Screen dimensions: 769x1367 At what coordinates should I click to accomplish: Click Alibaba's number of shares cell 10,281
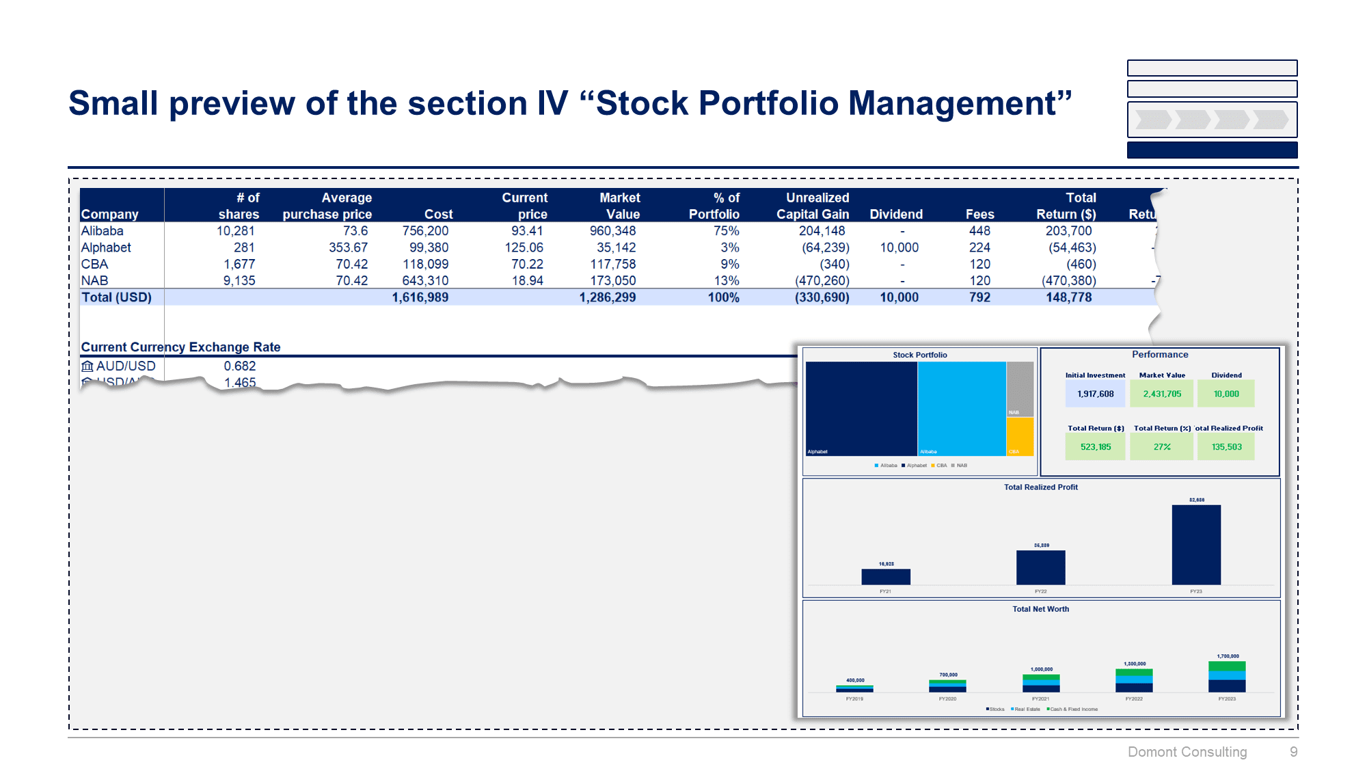click(x=235, y=231)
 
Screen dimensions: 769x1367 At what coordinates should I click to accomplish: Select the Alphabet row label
click(x=106, y=247)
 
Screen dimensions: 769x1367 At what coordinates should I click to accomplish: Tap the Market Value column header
click(x=619, y=206)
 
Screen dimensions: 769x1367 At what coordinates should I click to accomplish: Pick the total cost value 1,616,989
click(x=420, y=297)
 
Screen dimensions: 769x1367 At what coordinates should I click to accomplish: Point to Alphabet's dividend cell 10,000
click(x=899, y=247)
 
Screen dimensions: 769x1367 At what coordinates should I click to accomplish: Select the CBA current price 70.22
click(x=527, y=264)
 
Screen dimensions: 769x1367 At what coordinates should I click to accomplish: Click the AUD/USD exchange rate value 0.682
click(x=239, y=366)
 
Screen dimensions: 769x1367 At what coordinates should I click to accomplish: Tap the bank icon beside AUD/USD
click(x=87, y=366)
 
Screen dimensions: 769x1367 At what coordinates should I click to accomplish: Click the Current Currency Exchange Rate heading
click(x=180, y=347)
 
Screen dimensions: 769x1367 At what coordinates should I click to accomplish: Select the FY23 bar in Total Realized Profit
click(x=1195, y=545)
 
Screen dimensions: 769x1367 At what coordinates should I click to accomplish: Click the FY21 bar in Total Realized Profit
click(x=885, y=576)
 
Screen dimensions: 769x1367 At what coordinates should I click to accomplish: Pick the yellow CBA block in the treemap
click(x=1020, y=436)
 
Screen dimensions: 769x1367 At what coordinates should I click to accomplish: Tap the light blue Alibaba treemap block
click(x=961, y=408)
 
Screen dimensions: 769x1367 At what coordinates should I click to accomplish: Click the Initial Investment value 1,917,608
click(x=1095, y=394)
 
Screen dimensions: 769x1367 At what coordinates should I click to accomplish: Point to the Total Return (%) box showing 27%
click(x=1161, y=447)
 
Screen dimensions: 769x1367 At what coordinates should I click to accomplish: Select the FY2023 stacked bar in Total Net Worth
click(x=1226, y=677)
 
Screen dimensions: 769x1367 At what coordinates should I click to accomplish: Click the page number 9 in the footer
click(x=1293, y=752)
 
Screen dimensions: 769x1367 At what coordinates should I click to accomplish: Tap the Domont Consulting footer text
click(x=1187, y=752)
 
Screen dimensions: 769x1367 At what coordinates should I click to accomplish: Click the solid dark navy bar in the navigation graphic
click(x=1212, y=150)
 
